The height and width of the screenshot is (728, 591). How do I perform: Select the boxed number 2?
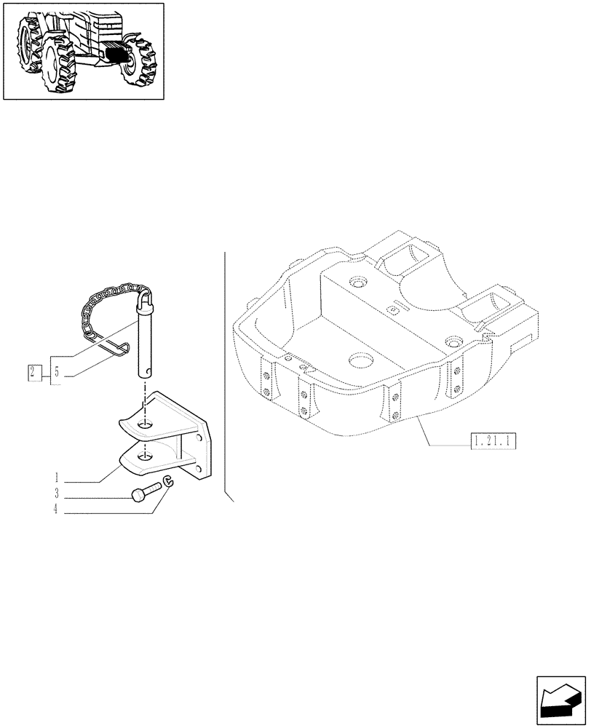33,372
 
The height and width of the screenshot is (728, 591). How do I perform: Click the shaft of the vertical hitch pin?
146,342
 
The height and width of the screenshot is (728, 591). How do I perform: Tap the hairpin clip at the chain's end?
116,348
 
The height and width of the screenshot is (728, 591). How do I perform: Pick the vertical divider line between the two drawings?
226,364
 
